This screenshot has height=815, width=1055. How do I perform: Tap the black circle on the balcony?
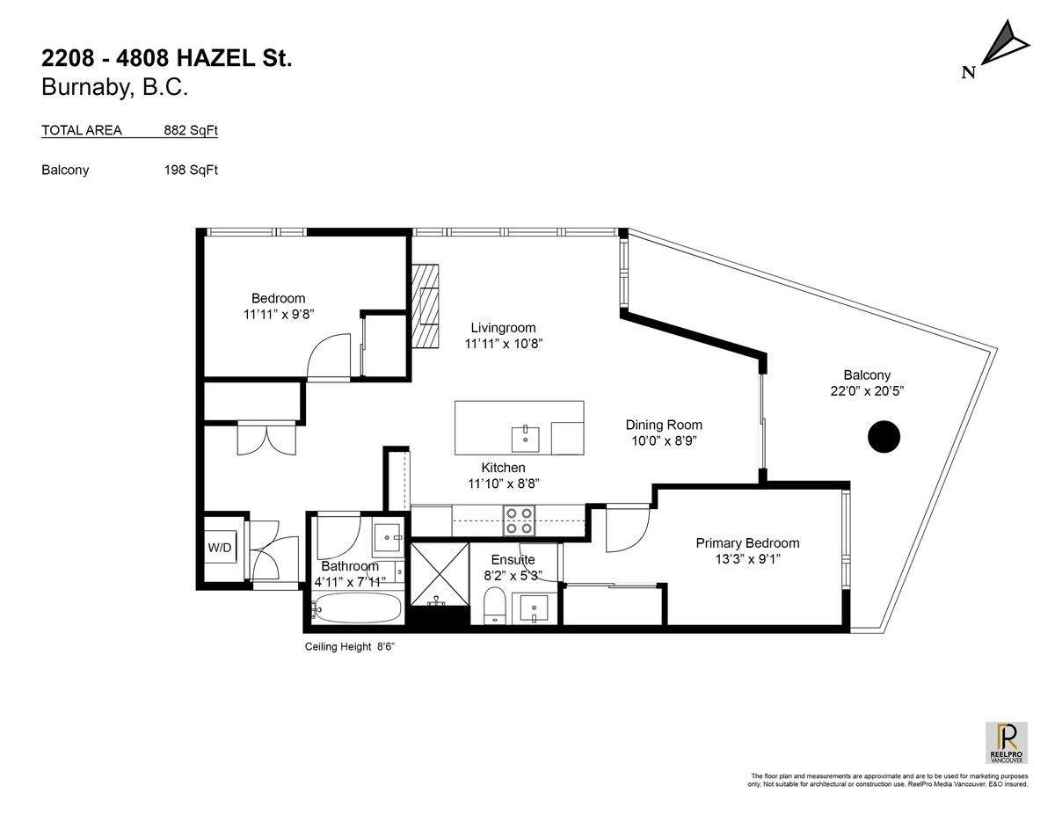point(884,436)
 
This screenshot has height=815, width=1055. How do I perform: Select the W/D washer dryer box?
point(220,548)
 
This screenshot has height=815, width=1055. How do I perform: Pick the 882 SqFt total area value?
point(190,130)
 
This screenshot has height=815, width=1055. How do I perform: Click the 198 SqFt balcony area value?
point(190,170)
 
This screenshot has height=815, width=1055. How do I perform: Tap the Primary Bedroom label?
point(747,542)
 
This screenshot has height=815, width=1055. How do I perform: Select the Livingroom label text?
point(503,328)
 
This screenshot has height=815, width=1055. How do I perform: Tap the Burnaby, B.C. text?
point(115,87)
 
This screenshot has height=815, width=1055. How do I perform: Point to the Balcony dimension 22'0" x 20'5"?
point(867,390)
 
